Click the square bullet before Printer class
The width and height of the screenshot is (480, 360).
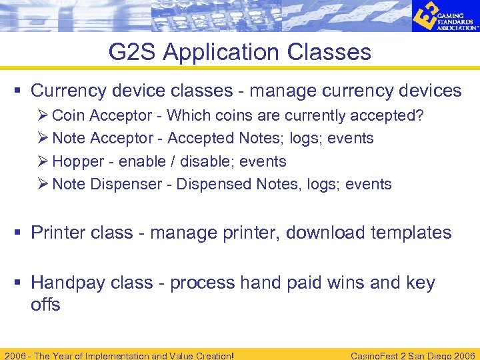(x=20, y=233)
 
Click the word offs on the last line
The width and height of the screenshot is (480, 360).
(x=45, y=305)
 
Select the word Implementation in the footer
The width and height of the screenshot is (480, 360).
(x=118, y=355)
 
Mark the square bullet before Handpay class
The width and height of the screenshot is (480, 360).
(x=20, y=283)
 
